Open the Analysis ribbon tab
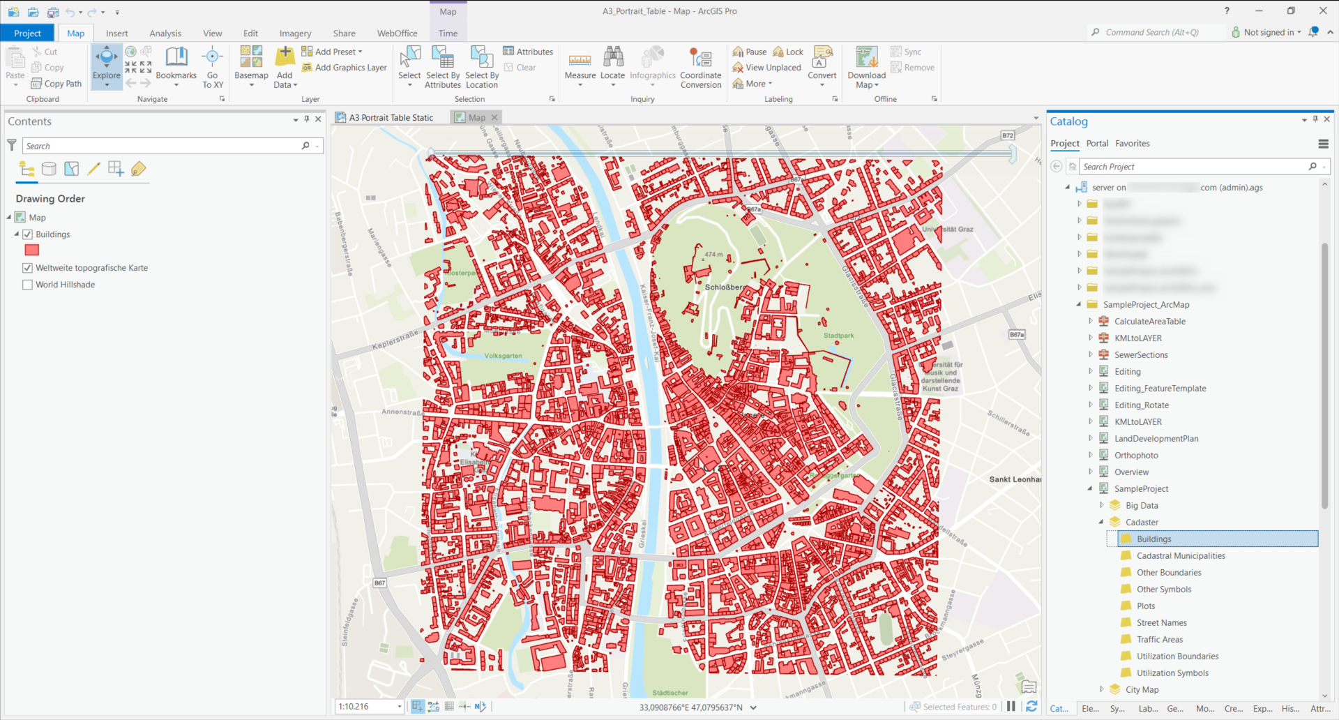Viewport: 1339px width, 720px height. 165,33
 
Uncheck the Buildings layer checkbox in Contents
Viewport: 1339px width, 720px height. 28,234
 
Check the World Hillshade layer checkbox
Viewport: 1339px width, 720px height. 28,285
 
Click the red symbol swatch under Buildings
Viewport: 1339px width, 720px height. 32,250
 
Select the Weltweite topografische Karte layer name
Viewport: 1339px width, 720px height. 91,268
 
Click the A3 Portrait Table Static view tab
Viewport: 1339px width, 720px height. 391,118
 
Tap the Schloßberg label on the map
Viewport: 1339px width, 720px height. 724,287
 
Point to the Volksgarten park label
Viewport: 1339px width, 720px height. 503,356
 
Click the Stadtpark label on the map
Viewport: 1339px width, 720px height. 838,336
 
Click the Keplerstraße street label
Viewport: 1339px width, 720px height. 395,340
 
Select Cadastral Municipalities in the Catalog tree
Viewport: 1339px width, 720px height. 1180,556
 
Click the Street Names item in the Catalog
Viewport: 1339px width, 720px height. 1161,623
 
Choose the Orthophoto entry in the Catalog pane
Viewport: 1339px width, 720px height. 1135,456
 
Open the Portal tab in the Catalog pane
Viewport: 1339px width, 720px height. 1096,144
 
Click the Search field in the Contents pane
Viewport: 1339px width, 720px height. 164,146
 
